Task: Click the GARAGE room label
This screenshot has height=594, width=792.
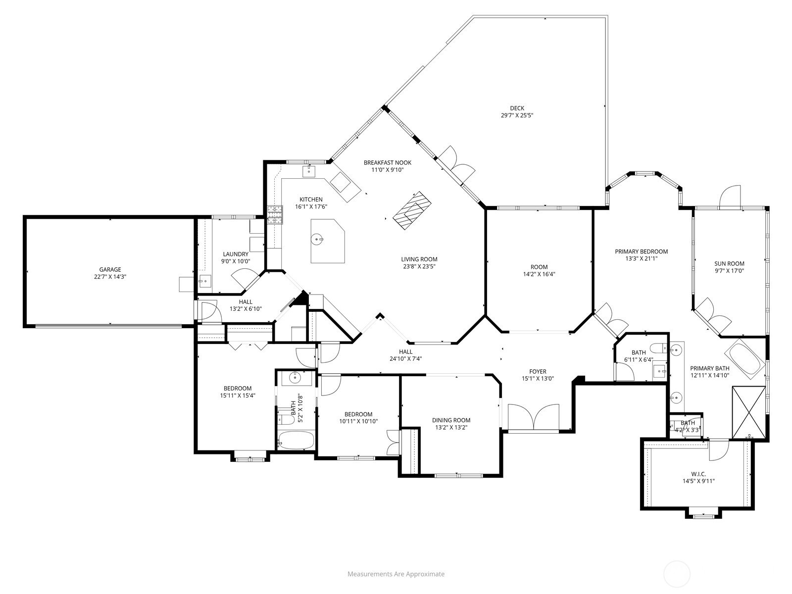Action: tap(110, 269)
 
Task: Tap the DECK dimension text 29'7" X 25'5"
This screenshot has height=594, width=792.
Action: tap(517, 115)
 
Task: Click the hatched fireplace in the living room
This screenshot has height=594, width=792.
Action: tap(412, 210)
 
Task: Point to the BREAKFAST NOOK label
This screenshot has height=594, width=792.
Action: tap(387, 163)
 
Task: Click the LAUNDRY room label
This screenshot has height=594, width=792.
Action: tap(236, 254)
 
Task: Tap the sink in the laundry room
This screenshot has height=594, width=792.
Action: tap(205, 281)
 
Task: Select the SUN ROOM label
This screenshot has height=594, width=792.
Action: tap(729, 264)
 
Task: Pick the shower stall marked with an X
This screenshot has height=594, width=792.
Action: tap(748, 412)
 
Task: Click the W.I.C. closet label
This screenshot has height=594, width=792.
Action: tap(698, 474)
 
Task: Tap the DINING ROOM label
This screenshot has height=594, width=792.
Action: tap(451, 420)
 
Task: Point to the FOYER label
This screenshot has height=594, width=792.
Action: tap(538, 371)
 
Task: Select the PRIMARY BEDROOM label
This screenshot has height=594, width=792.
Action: tap(641, 251)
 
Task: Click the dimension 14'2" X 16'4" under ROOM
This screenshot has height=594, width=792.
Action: tap(539, 274)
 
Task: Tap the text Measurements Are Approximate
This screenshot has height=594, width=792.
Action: tap(396, 574)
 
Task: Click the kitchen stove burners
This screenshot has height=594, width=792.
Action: tap(275, 215)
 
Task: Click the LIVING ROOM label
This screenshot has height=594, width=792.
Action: tap(419, 259)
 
